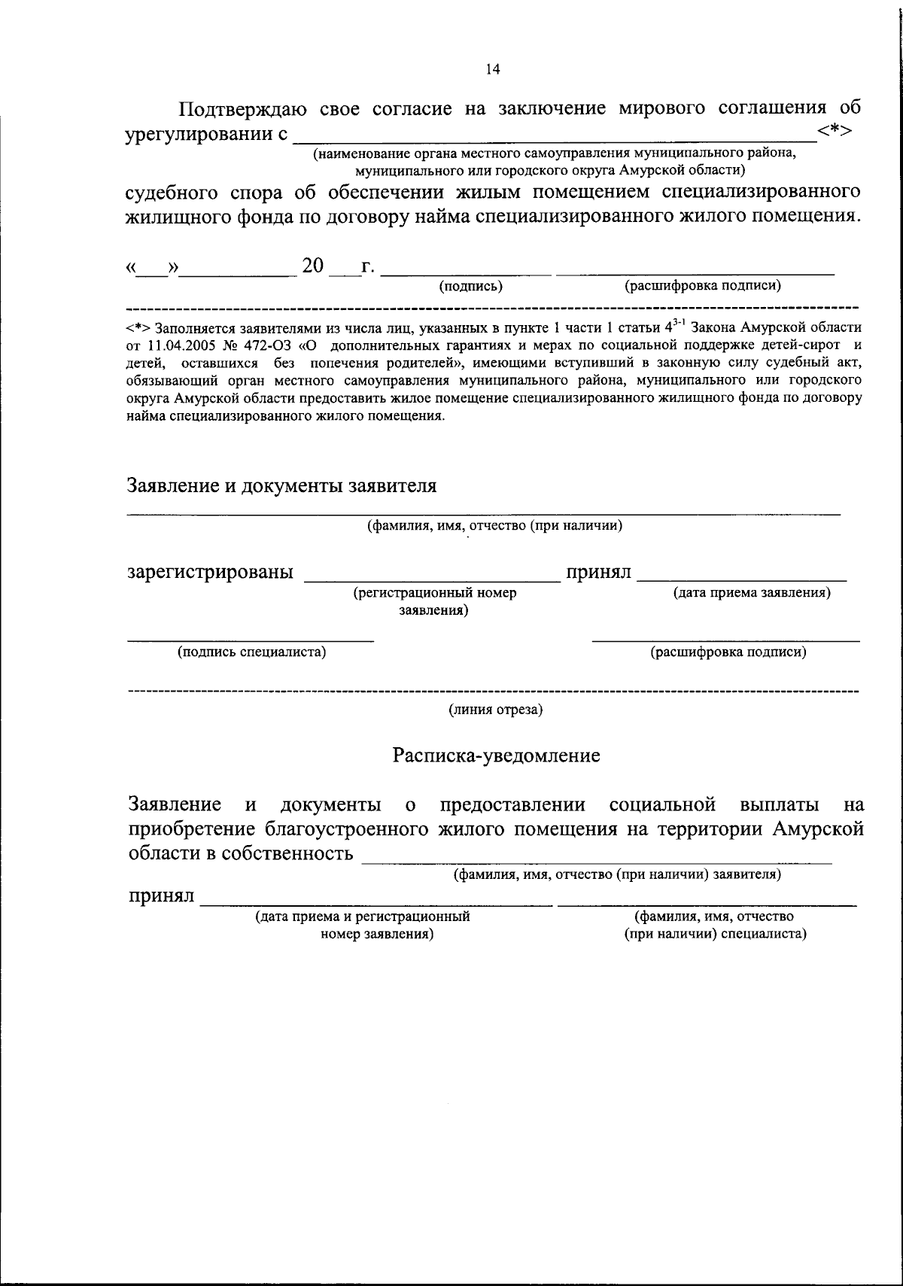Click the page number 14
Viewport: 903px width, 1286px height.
pos(492,69)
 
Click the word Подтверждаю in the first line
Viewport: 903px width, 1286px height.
pos(242,109)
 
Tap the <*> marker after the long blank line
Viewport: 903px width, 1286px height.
pos(835,132)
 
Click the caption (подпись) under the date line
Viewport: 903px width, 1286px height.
pos(471,286)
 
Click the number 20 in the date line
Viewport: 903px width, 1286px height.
pos(312,266)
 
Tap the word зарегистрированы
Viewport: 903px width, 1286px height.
pos(210,573)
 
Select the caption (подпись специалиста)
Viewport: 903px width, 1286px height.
pos(251,652)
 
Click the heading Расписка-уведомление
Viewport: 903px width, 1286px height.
pos(496,755)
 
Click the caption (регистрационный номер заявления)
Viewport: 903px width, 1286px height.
pos(434,601)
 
